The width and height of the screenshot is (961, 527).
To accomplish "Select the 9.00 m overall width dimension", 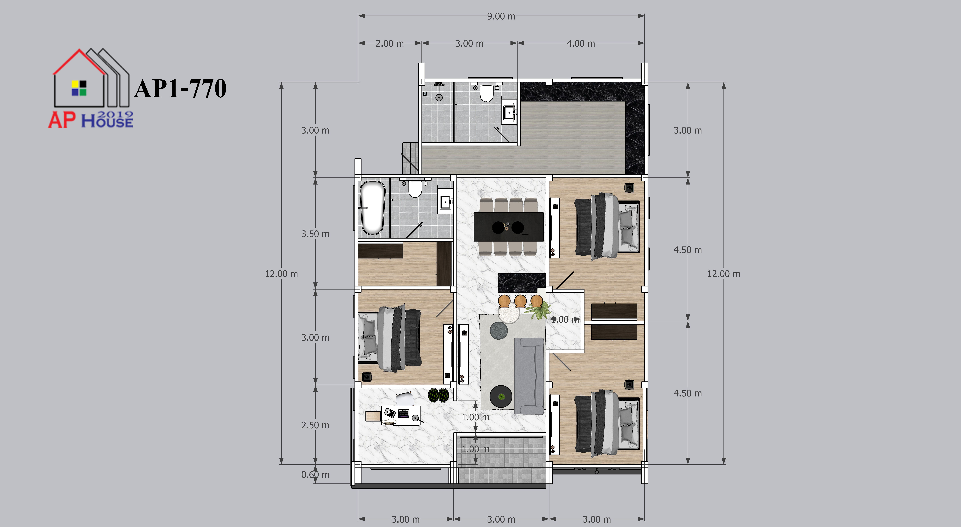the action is tap(501, 16).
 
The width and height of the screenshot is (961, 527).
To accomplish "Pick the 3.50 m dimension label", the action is tap(315, 234).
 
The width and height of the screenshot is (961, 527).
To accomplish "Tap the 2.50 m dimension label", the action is tap(315, 425).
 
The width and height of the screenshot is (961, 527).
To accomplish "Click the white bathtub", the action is tap(372, 208).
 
